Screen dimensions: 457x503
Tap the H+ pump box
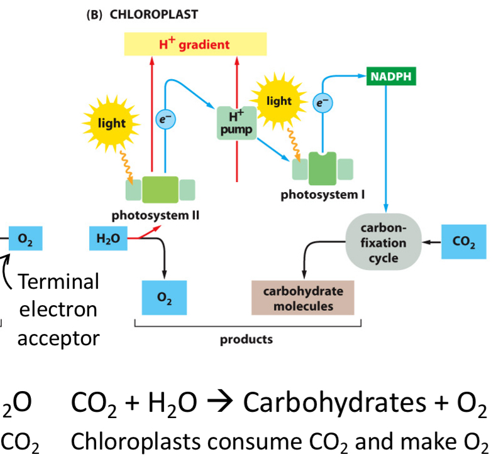point(236,122)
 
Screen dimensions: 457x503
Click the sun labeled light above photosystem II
point(111,124)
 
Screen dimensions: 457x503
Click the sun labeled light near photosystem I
point(279,101)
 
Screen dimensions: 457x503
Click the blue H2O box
point(108,239)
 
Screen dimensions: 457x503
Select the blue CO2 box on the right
point(463,242)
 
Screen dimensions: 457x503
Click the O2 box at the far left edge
point(26,239)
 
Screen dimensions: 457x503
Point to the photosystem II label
point(155,215)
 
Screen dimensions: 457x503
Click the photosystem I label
point(323,194)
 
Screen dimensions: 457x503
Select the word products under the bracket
point(246,340)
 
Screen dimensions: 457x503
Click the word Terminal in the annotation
point(58,282)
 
